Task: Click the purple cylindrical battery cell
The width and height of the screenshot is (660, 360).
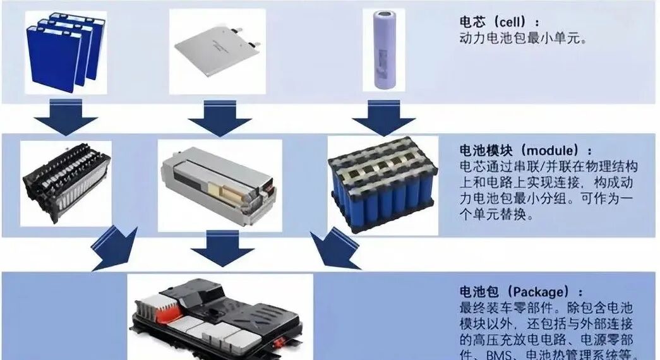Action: pos(385,51)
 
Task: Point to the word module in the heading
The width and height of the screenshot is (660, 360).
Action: pos(556,152)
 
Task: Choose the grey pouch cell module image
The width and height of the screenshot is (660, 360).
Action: pos(219,184)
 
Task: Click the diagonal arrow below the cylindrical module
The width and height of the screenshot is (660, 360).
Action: pos(333,249)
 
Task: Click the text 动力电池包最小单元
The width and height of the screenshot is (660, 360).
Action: pos(523,38)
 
